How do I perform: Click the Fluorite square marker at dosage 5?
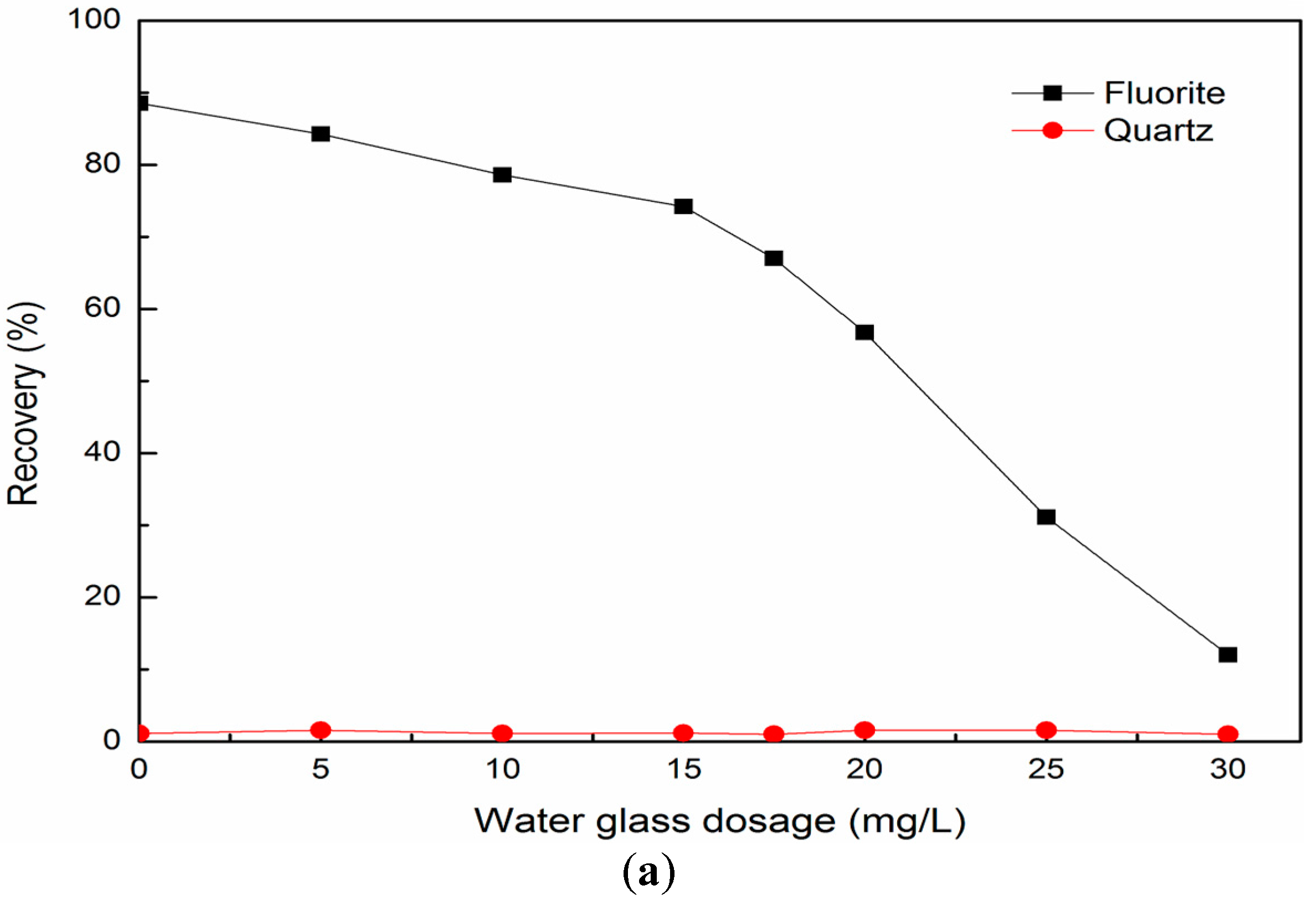[x=321, y=134]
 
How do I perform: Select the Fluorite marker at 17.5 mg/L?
[x=774, y=258]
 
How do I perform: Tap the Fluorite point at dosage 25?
[x=1046, y=516]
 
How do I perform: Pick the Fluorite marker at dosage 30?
[x=1228, y=655]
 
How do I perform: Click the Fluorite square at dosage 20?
[x=864, y=332]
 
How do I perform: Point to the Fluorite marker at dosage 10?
[x=502, y=174]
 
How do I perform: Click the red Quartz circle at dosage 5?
[x=321, y=730]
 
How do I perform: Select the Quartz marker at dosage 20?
[x=864, y=730]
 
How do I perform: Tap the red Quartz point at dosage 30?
[x=1228, y=734]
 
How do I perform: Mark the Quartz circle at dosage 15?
[x=683, y=733]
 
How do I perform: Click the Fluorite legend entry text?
[x=1164, y=93]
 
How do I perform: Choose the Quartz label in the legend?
[x=1158, y=131]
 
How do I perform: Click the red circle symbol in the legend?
[x=1052, y=131]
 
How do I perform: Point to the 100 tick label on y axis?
[x=94, y=19]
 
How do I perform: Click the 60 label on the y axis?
[x=102, y=308]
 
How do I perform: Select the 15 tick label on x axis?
[x=684, y=770]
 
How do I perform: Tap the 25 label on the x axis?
[x=1046, y=770]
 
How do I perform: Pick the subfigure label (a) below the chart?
[x=648, y=872]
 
